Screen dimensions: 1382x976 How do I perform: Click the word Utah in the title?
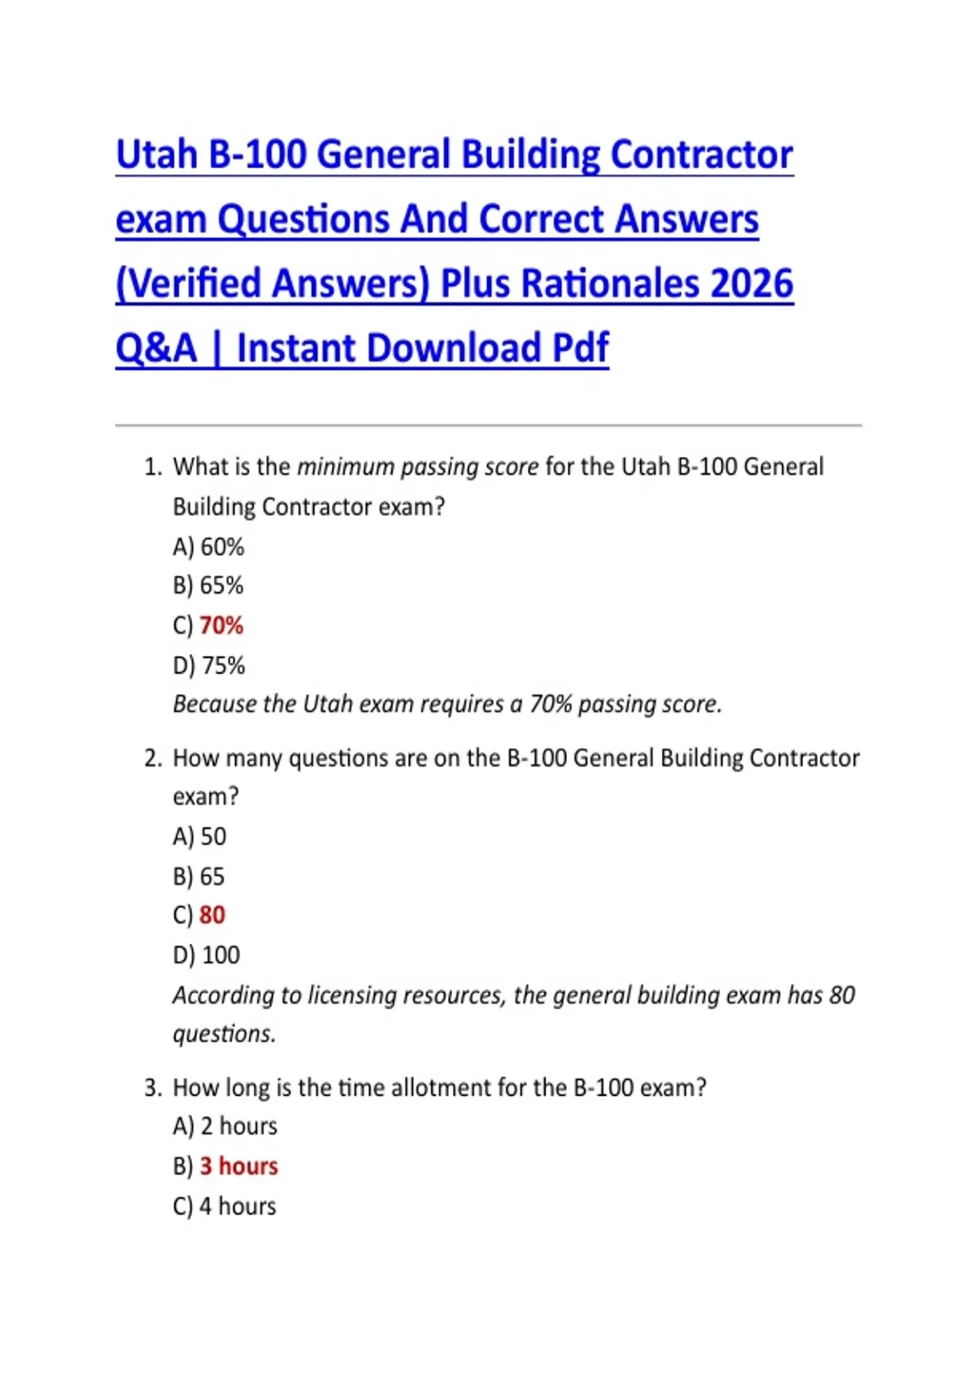tap(157, 155)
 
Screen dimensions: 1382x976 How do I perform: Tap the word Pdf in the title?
tap(581, 349)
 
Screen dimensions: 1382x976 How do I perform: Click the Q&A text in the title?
tap(156, 349)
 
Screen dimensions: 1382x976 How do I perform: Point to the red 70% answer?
tap(221, 626)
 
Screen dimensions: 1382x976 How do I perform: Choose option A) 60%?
tap(208, 547)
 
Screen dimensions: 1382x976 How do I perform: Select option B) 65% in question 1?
tap(208, 586)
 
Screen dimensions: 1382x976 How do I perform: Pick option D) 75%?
tap(209, 666)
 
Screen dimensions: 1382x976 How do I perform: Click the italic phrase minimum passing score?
tap(417, 467)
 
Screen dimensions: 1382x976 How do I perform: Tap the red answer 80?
tap(212, 915)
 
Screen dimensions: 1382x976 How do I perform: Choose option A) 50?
tap(200, 837)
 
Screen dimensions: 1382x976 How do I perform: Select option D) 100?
tap(207, 955)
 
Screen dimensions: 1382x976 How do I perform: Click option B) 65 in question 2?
tap(199, 876)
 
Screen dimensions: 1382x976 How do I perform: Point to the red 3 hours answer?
tap(239, 1167)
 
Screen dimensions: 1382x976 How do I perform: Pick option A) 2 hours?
tap(225, 1127)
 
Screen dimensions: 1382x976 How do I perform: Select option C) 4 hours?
tap(224, 1206)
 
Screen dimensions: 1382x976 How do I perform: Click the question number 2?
tap(152, 758)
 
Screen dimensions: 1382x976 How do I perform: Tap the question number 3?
tap(152, 1088)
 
